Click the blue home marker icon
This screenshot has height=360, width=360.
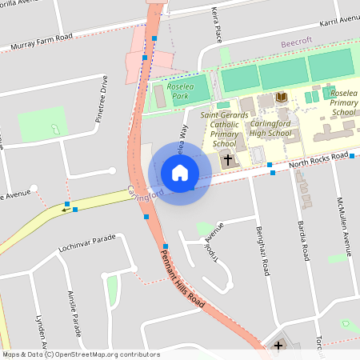click(x=179, y=173)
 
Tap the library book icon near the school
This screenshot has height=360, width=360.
click(x=281, y=97)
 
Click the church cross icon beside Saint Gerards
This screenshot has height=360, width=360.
click(x=228, y=160)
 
